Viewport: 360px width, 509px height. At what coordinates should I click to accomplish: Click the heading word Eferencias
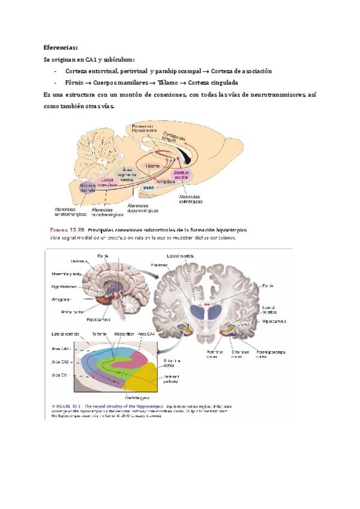61,47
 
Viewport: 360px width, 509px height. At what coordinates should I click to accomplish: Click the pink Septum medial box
182,174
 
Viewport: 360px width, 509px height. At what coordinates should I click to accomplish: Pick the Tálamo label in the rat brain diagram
152,165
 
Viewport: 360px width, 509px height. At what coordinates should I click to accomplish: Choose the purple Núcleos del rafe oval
91,188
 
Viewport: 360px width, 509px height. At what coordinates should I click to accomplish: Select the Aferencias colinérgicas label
193,199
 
